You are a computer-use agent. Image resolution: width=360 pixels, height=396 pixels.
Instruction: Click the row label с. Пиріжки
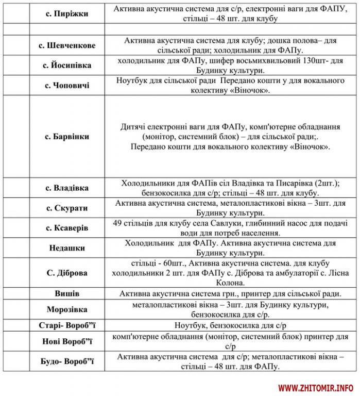coord(67,14)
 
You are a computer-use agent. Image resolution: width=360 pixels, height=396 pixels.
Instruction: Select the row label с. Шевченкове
coord(67,45)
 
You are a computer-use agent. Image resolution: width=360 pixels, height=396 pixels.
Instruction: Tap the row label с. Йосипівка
coord(67,65)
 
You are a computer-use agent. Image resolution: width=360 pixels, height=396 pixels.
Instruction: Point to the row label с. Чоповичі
coord(67,85)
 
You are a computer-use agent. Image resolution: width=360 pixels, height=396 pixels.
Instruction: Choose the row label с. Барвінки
coord(67,137)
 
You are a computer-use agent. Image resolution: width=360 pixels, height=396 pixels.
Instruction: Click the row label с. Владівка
coord(67,188)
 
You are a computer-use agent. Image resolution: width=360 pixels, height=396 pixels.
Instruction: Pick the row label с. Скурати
coord(67,208)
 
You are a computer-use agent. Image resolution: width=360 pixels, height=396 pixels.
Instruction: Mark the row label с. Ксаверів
coord(67,228)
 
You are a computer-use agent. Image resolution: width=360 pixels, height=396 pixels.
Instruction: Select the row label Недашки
coord(67,248)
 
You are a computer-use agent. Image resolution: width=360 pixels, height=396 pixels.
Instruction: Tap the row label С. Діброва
coord(67,273)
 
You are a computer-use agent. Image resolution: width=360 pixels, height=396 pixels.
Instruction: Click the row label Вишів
coord(67,293)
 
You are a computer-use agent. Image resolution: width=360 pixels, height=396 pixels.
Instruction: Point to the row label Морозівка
coord(67,309)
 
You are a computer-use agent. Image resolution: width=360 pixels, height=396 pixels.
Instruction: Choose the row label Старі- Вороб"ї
coord(67,325)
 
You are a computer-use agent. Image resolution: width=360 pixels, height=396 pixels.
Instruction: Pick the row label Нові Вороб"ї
coord(67,341)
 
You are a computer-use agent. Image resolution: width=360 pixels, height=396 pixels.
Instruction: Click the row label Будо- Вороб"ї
coord(67,361)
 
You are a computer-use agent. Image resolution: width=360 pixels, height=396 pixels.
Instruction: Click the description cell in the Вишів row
coord(230,294)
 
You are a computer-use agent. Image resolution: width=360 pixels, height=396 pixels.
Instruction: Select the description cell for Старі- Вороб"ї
coord(230,325)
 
